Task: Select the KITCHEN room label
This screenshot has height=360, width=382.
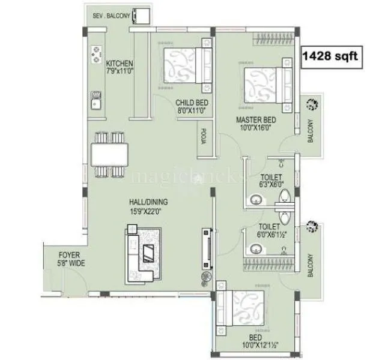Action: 120,64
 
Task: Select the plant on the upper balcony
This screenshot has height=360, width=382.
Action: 312,105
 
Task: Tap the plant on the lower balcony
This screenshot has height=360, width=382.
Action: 312,226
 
